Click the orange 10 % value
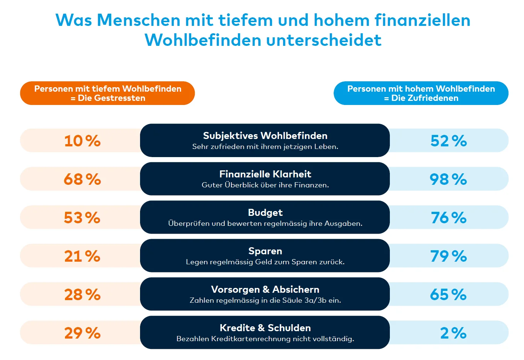click(x=82, y=141)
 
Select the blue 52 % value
click(x=449, y=141)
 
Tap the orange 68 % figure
click(x=82, y=179)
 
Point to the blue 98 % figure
click(x=448, y=179)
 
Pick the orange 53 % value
click(x=82, y=218)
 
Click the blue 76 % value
click(x=449, y=218)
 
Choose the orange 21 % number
click(x=82, y=256)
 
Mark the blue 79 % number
click(x=449, y=256)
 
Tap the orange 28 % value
click(x=82, y=295)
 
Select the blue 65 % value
click(x=448, y=295)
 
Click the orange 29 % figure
click(x=82, y=333)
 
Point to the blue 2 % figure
click(x=453, y=333)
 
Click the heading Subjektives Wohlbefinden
click(x=265, y=136)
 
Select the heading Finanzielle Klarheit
click(x=265, y=174)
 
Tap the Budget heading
click(x=265, y=213)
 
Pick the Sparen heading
click(x=265, y=251)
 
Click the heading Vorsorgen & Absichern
click(x=265, y=289)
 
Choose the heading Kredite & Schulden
click(x=265, y=328)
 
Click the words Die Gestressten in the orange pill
click(x=112, y=98)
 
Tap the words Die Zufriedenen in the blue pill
click(x=425, y=98)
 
